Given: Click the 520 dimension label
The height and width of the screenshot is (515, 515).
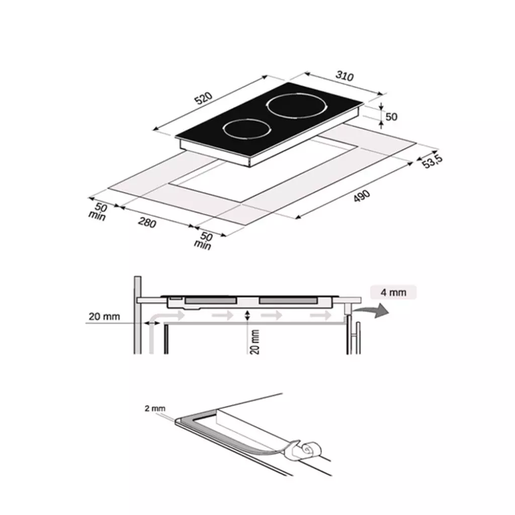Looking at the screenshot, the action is click(x=204, y=98).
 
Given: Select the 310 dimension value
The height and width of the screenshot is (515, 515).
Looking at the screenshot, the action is click(x=345, y=76).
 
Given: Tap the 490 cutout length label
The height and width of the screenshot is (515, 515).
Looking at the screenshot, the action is click(x=362, y=196).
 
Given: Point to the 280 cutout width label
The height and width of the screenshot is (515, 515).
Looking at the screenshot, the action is click(x=147, y=222).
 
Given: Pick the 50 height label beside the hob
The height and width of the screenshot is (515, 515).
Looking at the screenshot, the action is click(x=391, y=117).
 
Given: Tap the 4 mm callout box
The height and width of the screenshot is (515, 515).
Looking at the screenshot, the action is click(x=393, y=292).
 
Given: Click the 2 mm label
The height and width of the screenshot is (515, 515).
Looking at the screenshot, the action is click(x=155, y=408).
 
